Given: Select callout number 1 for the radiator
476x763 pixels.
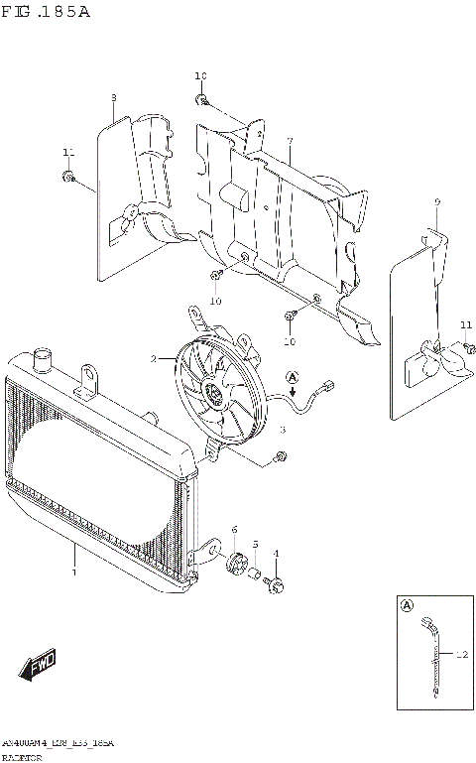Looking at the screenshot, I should click(x=72, y=572).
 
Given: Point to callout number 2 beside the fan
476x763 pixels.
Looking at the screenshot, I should click(x=154, y=358).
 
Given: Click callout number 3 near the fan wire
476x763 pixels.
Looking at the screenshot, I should click(x=282, y=429).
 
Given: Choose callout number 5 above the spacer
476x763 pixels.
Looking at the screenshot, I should click(x=255, y=544).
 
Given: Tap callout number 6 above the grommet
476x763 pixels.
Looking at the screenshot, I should click(x=234, y=531).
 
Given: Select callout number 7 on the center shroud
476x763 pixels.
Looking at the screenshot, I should click(x=289, y=142).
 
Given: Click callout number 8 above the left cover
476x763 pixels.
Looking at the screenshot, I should click(x=113, y=97).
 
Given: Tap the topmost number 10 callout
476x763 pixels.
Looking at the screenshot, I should click(x=200, y=76).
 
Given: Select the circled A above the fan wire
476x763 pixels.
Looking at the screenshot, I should click(x=293, y=376).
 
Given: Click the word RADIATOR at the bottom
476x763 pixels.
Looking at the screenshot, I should click(x=21, y=756).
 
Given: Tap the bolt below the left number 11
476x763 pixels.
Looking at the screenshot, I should click(x=67, y=177).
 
